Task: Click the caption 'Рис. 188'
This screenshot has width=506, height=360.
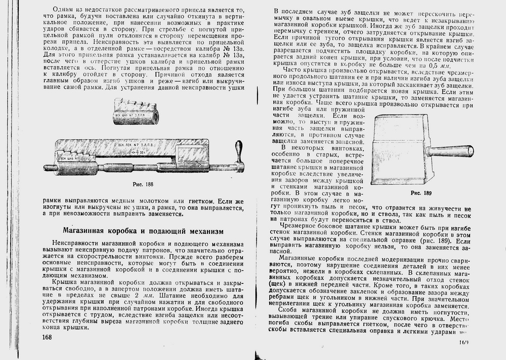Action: pyautogui.click(x=143, y=185)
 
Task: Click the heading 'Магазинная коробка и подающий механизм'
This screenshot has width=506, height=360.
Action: pyautogui.click(x=143, y=231)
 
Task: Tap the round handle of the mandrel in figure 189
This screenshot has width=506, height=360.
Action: pyautogui.click(x=450, y=150)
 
